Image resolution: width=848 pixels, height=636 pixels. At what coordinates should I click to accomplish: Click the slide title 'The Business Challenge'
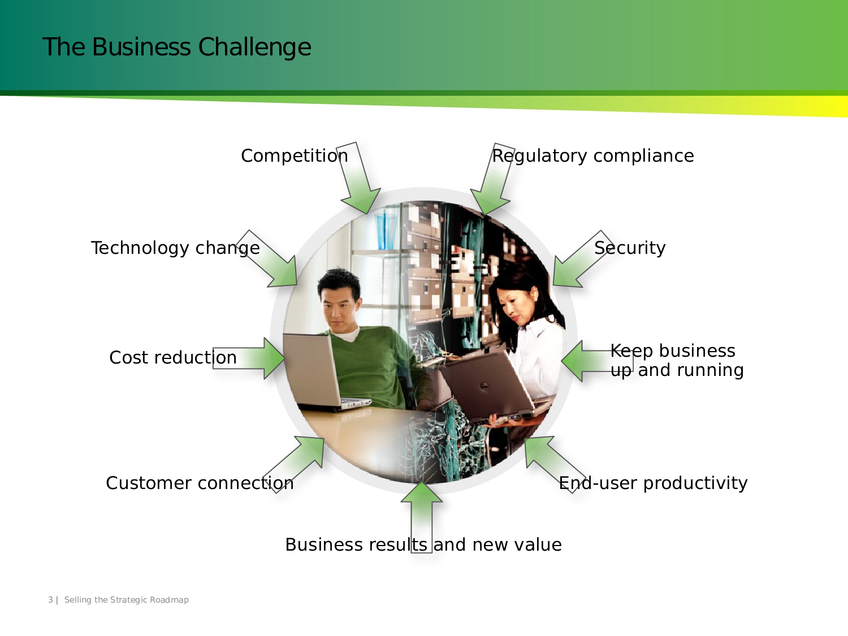pos(176,47)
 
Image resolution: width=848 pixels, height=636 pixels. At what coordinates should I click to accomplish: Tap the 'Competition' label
pos(294,155)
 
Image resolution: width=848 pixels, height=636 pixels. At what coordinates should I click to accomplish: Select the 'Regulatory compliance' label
pos(592,155)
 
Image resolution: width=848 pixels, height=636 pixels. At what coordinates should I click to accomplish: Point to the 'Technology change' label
pos(175,248)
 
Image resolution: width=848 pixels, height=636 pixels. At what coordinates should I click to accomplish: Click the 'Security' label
pos(630,248)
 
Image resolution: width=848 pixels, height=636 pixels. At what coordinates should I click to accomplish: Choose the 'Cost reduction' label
pos(172,357)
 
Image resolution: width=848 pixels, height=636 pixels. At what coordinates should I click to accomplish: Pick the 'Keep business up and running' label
pos(677,360)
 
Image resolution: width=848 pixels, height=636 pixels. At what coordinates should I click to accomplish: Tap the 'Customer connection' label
pos(200,483)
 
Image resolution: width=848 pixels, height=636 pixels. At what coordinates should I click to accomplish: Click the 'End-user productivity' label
pos(653,483)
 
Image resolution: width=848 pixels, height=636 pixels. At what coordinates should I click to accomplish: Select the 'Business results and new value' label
pos(423,544)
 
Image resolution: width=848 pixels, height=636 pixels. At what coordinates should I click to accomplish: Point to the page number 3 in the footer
pos(50,600)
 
